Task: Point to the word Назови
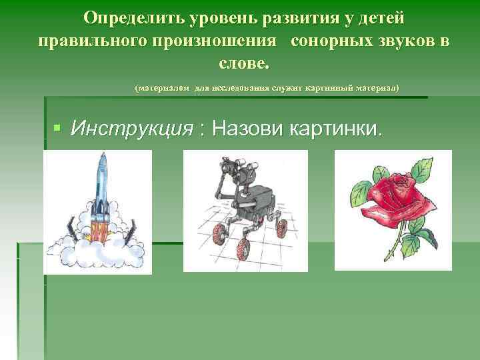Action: [x=246, y=129]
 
